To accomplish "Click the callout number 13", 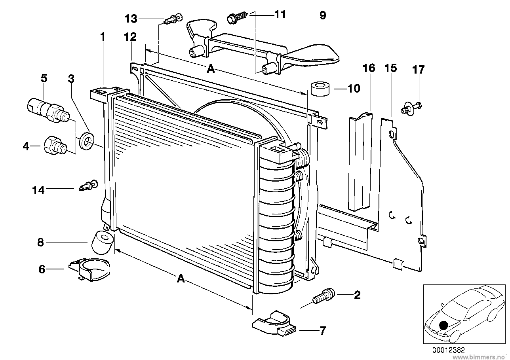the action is coord(131,19).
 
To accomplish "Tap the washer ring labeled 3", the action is coord(86,140).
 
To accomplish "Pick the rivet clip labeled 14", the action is coord(88,186).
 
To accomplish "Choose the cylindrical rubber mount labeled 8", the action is coord(103,243).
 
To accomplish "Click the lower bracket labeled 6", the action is coord(89,269).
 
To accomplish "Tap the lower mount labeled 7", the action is coord(273,323).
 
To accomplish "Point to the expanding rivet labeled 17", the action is coord(411,108).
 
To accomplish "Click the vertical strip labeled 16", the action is coord(360,161).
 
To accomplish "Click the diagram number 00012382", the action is coord(449,350).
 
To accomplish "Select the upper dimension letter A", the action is coord(211,68).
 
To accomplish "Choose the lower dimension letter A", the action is coord(181,279).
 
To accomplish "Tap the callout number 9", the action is coord(323,15).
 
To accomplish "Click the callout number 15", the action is coord(391,68).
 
